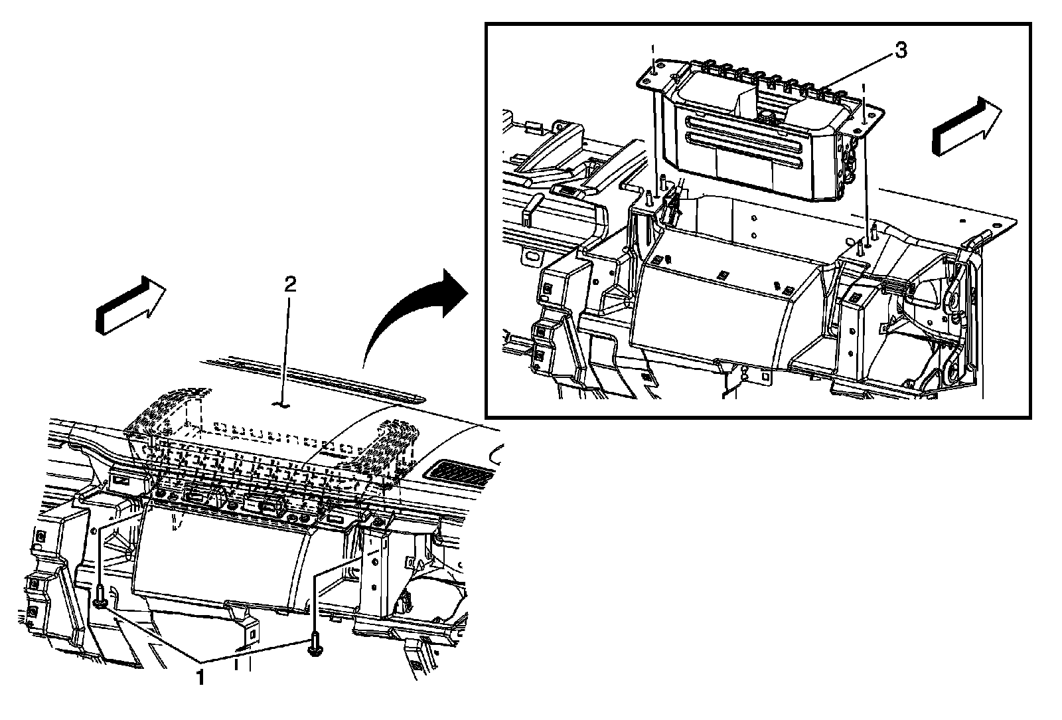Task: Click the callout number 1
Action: coord(198,677)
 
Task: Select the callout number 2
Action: coord(290,285)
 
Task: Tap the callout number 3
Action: coord(901,50)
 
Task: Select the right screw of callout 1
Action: coord(314,646)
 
